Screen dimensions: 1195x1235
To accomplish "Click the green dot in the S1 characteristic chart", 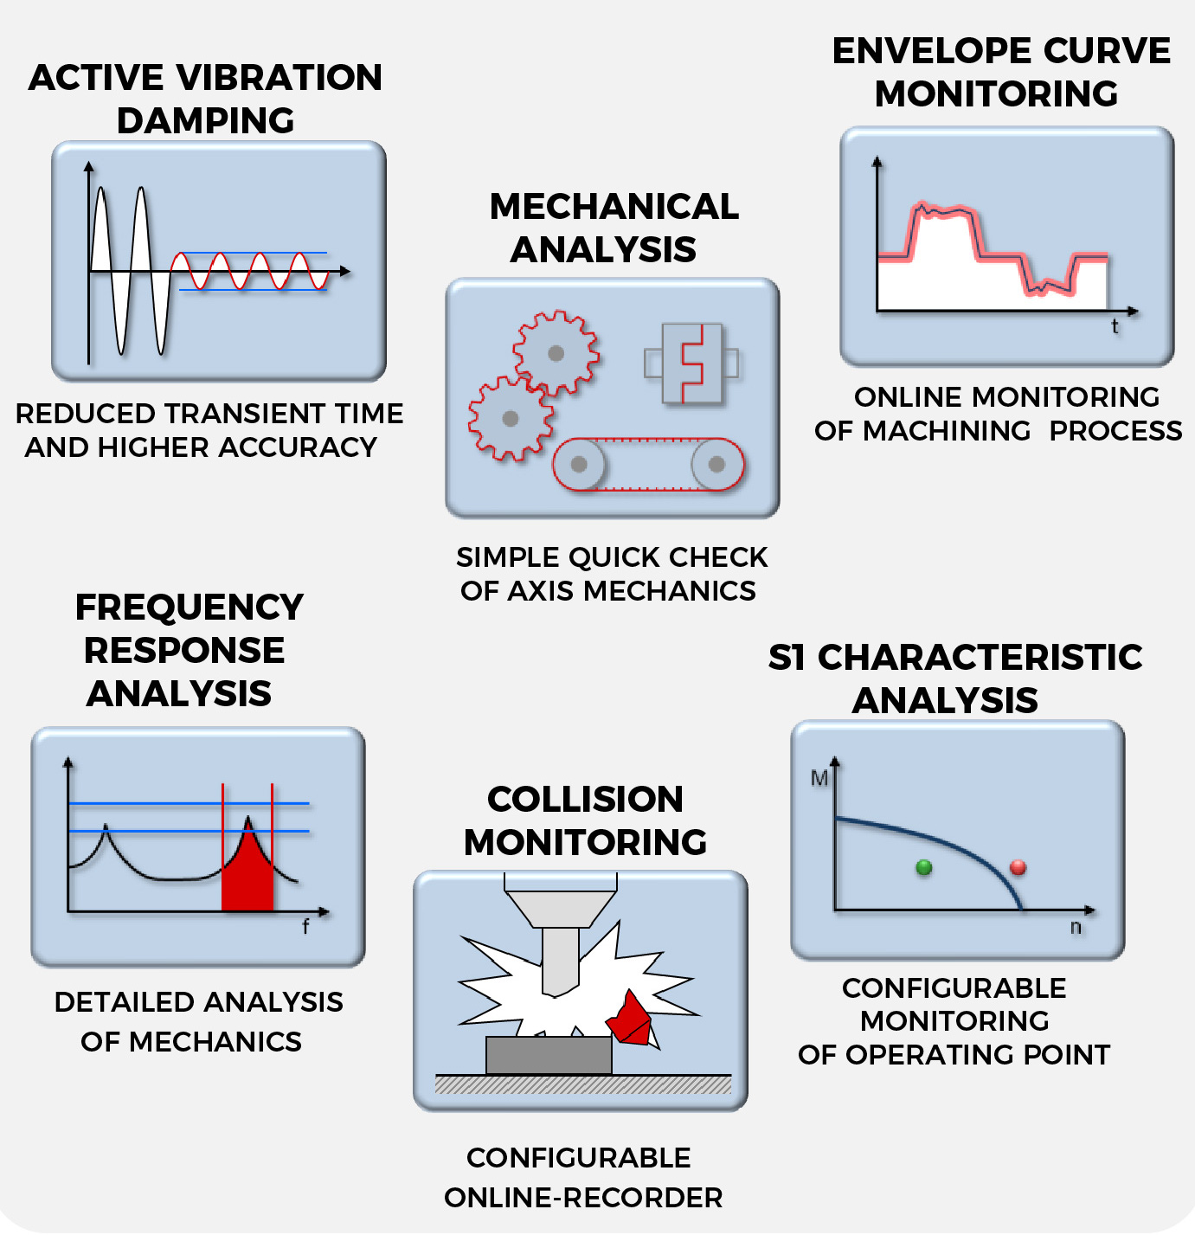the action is (x=924, y=867).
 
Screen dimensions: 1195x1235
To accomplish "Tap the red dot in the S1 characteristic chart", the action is (x=1018, y=867).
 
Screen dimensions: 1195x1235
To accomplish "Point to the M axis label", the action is (x=819, y=778).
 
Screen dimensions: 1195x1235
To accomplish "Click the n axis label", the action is (x=1076, y=928).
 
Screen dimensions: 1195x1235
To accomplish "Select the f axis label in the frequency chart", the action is (x=306, y=927).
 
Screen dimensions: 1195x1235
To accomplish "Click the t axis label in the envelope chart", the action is (x=1115, y=326).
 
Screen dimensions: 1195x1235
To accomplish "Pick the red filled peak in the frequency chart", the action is (x=247, y=870).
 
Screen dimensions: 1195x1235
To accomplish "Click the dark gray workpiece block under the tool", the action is (x=549, y=1055).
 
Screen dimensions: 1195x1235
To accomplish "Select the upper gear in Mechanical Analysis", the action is (x=556, y=353).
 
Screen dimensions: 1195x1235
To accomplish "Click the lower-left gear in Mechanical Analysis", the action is (x=511, y=418).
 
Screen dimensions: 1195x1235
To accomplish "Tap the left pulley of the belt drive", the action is (x=579, y=465).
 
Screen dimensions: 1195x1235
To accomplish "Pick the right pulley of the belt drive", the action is (x=716, y=465).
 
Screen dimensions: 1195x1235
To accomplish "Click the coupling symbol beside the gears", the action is (x=691, y=363).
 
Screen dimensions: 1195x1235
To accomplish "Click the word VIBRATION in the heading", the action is (x=279, y=77).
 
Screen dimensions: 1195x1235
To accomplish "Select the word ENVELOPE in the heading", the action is (x=932, y=51).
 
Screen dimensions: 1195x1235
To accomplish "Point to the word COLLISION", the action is (x=585, y=799).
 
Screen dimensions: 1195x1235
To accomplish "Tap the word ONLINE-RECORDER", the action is (x=583, y=1198).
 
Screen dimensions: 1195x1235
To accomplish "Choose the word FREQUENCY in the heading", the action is (x=190, y=608).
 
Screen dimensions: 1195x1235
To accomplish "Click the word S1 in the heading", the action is (x=787, y=658).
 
